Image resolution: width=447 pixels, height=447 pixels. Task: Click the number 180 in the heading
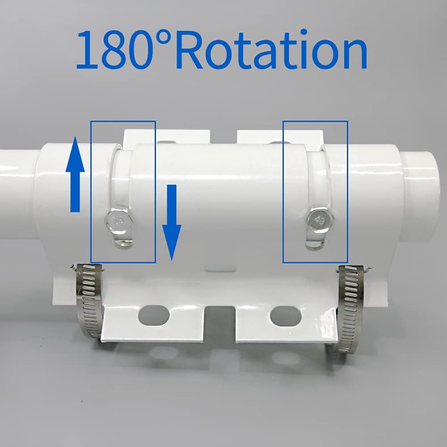pos(113,49)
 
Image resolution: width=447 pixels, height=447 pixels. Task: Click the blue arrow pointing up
pos(75,174)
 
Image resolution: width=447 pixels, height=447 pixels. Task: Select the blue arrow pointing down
pos(172,222)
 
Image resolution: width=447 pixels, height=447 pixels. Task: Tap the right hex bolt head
pos(320,219)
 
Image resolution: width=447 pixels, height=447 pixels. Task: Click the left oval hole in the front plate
pos(154,316)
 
